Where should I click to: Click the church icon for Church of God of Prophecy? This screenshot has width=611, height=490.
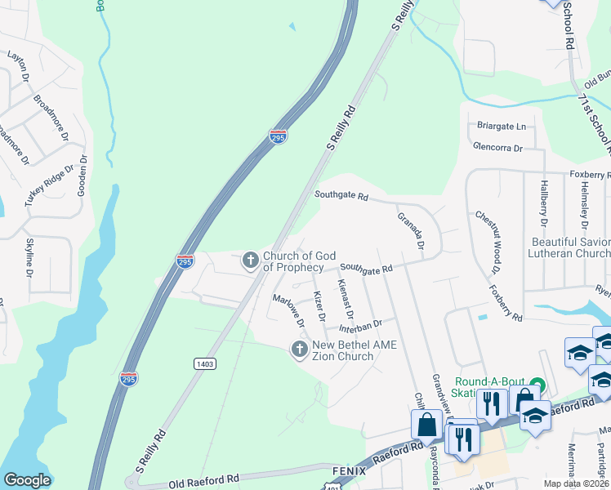coord(250,261)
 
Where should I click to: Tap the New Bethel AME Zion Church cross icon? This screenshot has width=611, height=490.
coord(299,350)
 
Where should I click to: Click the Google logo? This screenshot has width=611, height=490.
coord(27,480)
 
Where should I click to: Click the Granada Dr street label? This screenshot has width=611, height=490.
coord(411,231)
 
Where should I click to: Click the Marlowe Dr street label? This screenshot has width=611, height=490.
coord(288,310)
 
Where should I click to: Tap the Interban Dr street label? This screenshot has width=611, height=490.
coord(359,326)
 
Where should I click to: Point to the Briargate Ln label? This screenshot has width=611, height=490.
coord(502,127)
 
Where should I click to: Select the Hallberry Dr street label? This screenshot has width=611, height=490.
coord(543,203)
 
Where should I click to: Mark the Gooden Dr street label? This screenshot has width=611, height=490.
coord(82,175)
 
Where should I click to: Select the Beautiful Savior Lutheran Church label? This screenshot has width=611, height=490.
coord(570,247)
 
